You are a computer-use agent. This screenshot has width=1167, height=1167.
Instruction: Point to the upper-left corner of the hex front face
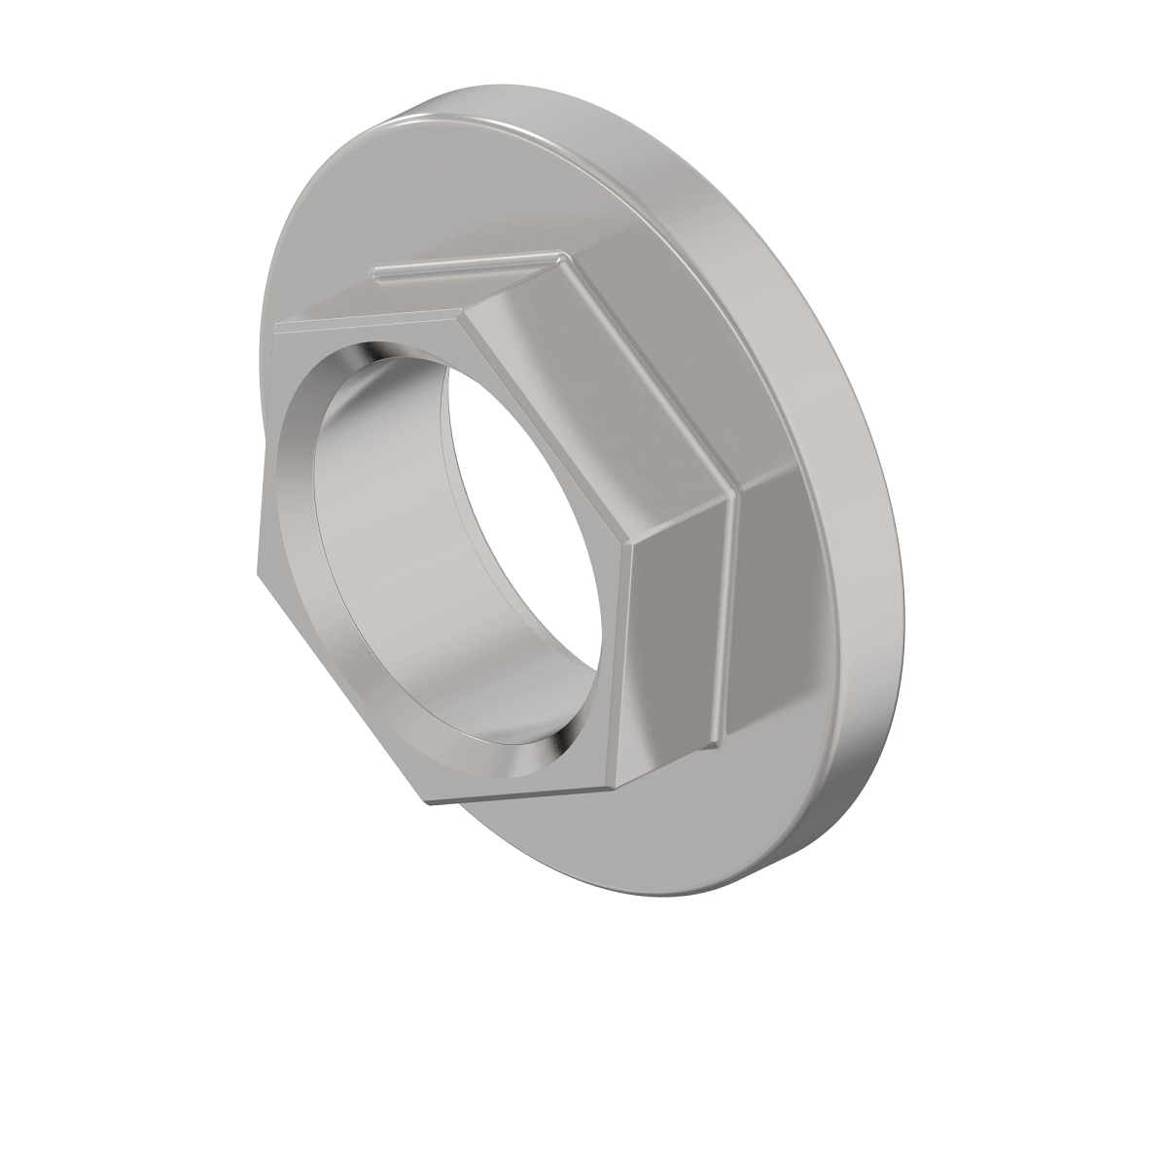pyautogui.click(x=275, y=323)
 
